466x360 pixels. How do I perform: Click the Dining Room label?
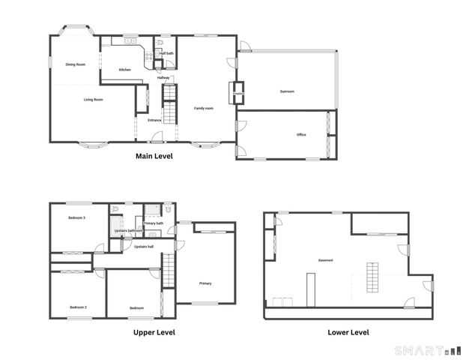pyautogui.click(x=75, y=64)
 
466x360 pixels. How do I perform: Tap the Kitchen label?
pyautogui.click(x=125, y=70)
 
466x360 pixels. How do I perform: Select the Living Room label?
pyautogui.click(x=93, y=99)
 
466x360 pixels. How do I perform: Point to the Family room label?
pyautogui.click(x=204, y=108)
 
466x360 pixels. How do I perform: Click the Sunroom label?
pyautogui.click(x=287, y=91)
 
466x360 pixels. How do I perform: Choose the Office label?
pyautogui.click(x=301, y=135)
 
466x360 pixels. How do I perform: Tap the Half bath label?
pyautogui.click(x=166, y=53)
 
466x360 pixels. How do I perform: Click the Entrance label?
pyautogui.click(x=154, y=120)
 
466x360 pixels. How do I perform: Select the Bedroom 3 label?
pyautogui.click(x=76, y=217)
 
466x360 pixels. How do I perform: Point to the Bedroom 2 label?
pyautogui.click(x=79, y=307)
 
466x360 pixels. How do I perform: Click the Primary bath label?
pyautogui.click(x=154, y=223)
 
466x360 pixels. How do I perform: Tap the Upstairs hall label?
pyautogui.click(x=143, y=246)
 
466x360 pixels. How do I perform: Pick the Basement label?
pyautogui.click(x=325, y=260)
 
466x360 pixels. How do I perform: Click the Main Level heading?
pyautogui.click(x=154, y=157)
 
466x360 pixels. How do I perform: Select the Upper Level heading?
pyautogui.click(x=154, y=331)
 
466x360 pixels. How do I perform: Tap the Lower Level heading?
pyautogui.click(x=348, y=331)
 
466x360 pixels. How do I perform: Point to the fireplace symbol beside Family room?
pyautogui.click(x=240, y=93)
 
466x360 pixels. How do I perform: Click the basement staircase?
pyautogui.click(x=373, y=277)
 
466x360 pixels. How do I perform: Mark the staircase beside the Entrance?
pyautogui.click(x=169, y=104)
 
